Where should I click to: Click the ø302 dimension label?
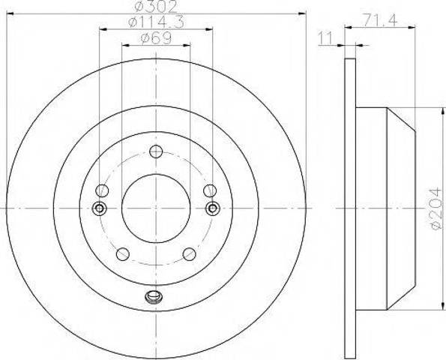coord(156,6)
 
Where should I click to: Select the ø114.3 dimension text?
coord(156,22)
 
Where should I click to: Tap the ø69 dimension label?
coord(156,38)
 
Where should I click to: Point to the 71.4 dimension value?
coord(380,21)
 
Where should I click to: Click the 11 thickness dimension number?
coord(325,38)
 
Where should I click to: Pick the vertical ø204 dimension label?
coord(436,208)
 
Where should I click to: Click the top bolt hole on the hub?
coord(156,151)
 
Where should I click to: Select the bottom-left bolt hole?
coord(123,253)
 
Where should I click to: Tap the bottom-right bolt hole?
coord(189,253)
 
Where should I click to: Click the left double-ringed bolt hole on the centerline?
coord(99,208)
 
